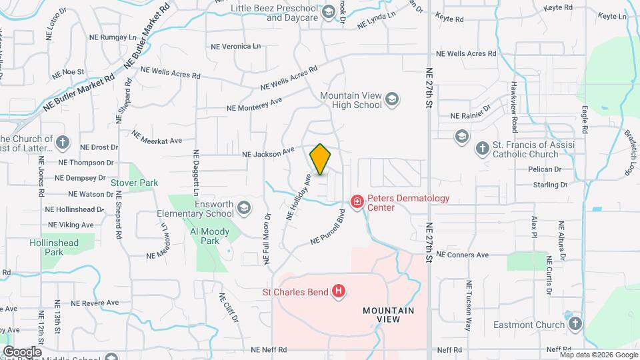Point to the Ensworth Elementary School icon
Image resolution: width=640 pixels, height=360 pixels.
[x=244, y=209]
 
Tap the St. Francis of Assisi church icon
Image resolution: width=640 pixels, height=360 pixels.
[x=482, y=149]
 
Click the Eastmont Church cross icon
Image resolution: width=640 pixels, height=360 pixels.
[x=575, y=325]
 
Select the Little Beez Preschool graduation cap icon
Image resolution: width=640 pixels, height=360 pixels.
[x=328, y=12]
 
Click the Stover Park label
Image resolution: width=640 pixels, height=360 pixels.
[x=134, y=182]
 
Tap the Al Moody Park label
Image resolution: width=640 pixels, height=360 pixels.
[x=210, y=236]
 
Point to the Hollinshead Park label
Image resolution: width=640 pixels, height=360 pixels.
[x=55, y=247]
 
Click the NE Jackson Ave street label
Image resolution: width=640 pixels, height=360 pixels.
[x=268, y=153]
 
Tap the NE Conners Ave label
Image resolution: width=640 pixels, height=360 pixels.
[x=463, y=255]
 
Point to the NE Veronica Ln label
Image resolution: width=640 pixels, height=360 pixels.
[x=235, y=47]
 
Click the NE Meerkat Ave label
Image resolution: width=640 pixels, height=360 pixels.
[x=157, y=137]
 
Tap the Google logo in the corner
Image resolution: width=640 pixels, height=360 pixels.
[x=22, y=351]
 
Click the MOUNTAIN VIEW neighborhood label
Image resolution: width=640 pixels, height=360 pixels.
[x=388, y=315]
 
